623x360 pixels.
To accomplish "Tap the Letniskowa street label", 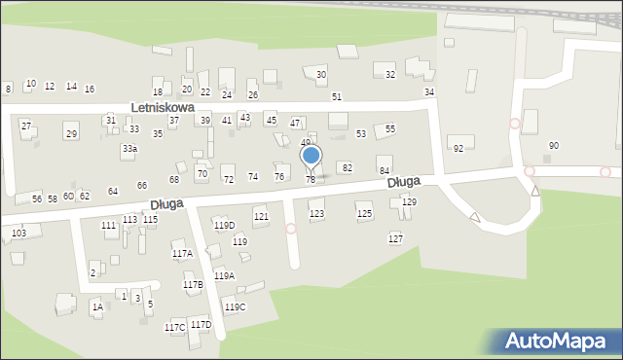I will (164, 107).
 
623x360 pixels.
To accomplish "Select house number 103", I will (18, 234).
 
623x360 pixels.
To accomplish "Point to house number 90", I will (554, 145).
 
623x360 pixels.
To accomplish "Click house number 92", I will (458, 148).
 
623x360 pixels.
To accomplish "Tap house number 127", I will (395, 238).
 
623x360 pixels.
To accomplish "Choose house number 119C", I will (236, 307).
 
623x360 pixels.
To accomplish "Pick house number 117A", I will (182, 253).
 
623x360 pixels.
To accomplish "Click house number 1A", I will (97, 307).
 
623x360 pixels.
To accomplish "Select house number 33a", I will (129, 148).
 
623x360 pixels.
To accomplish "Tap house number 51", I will (336, 96).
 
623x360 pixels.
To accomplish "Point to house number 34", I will (428, 91).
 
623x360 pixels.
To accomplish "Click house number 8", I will (8, 89).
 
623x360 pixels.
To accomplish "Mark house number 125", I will (364, 213).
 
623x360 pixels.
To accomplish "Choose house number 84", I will (385, 170).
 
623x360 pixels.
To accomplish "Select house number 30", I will (321, 75).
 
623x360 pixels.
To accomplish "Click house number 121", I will (261, 215).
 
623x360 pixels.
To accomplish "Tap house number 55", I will (390, 128).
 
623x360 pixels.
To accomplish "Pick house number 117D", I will (201, 324).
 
